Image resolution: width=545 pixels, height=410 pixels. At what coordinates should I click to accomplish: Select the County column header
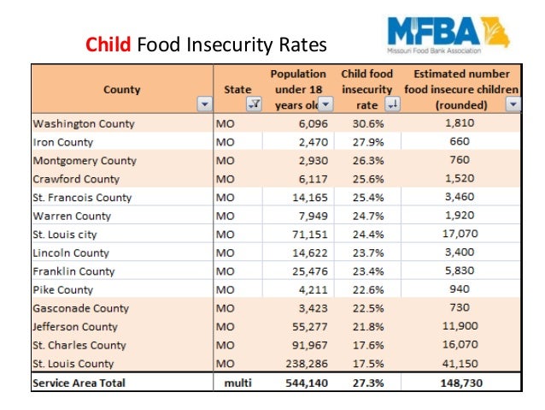click(122, 89)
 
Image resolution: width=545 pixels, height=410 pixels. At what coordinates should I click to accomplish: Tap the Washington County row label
click(84, 123)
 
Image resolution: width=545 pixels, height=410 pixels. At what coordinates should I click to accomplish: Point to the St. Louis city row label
click(65, 235)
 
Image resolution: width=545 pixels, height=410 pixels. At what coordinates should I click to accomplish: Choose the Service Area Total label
click(79, 383)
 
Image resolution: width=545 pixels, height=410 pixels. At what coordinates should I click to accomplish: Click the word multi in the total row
click(237, 383)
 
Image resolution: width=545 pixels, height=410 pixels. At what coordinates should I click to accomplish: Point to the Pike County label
click(63, 290)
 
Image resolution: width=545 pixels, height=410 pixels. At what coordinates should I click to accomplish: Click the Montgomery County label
click(85, 160)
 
